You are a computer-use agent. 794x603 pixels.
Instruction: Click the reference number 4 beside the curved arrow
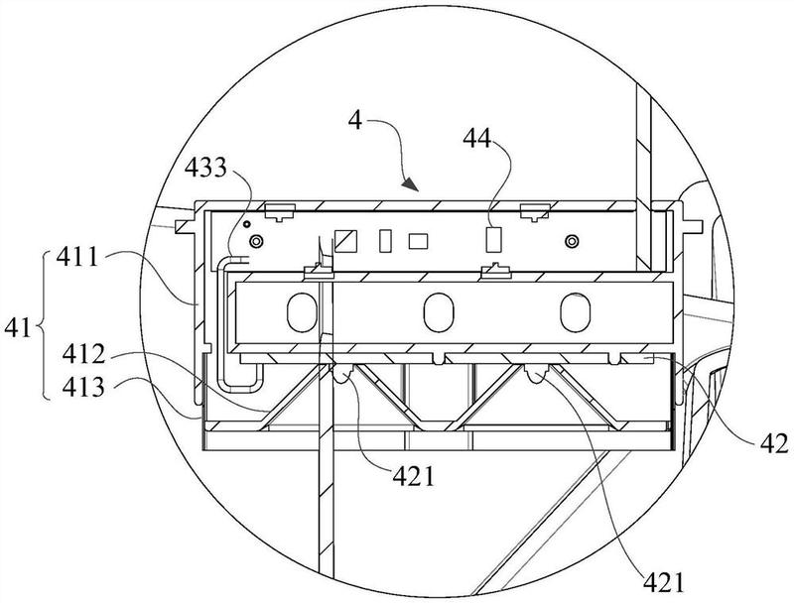(356, 120)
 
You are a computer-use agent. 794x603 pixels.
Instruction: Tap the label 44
(477, 138)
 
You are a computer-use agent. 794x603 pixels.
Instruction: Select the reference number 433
(205, 168)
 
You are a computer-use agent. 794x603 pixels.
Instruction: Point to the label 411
(77, 258)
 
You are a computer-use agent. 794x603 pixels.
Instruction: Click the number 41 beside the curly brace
(18, 329)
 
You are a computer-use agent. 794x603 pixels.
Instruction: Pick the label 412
(83, 355)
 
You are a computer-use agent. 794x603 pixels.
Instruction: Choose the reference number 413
(83, 388)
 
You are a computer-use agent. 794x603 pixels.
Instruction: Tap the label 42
(774, 443)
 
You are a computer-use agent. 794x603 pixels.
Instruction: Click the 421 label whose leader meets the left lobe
(413, 476)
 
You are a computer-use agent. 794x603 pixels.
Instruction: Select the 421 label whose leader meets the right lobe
(664, 583)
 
